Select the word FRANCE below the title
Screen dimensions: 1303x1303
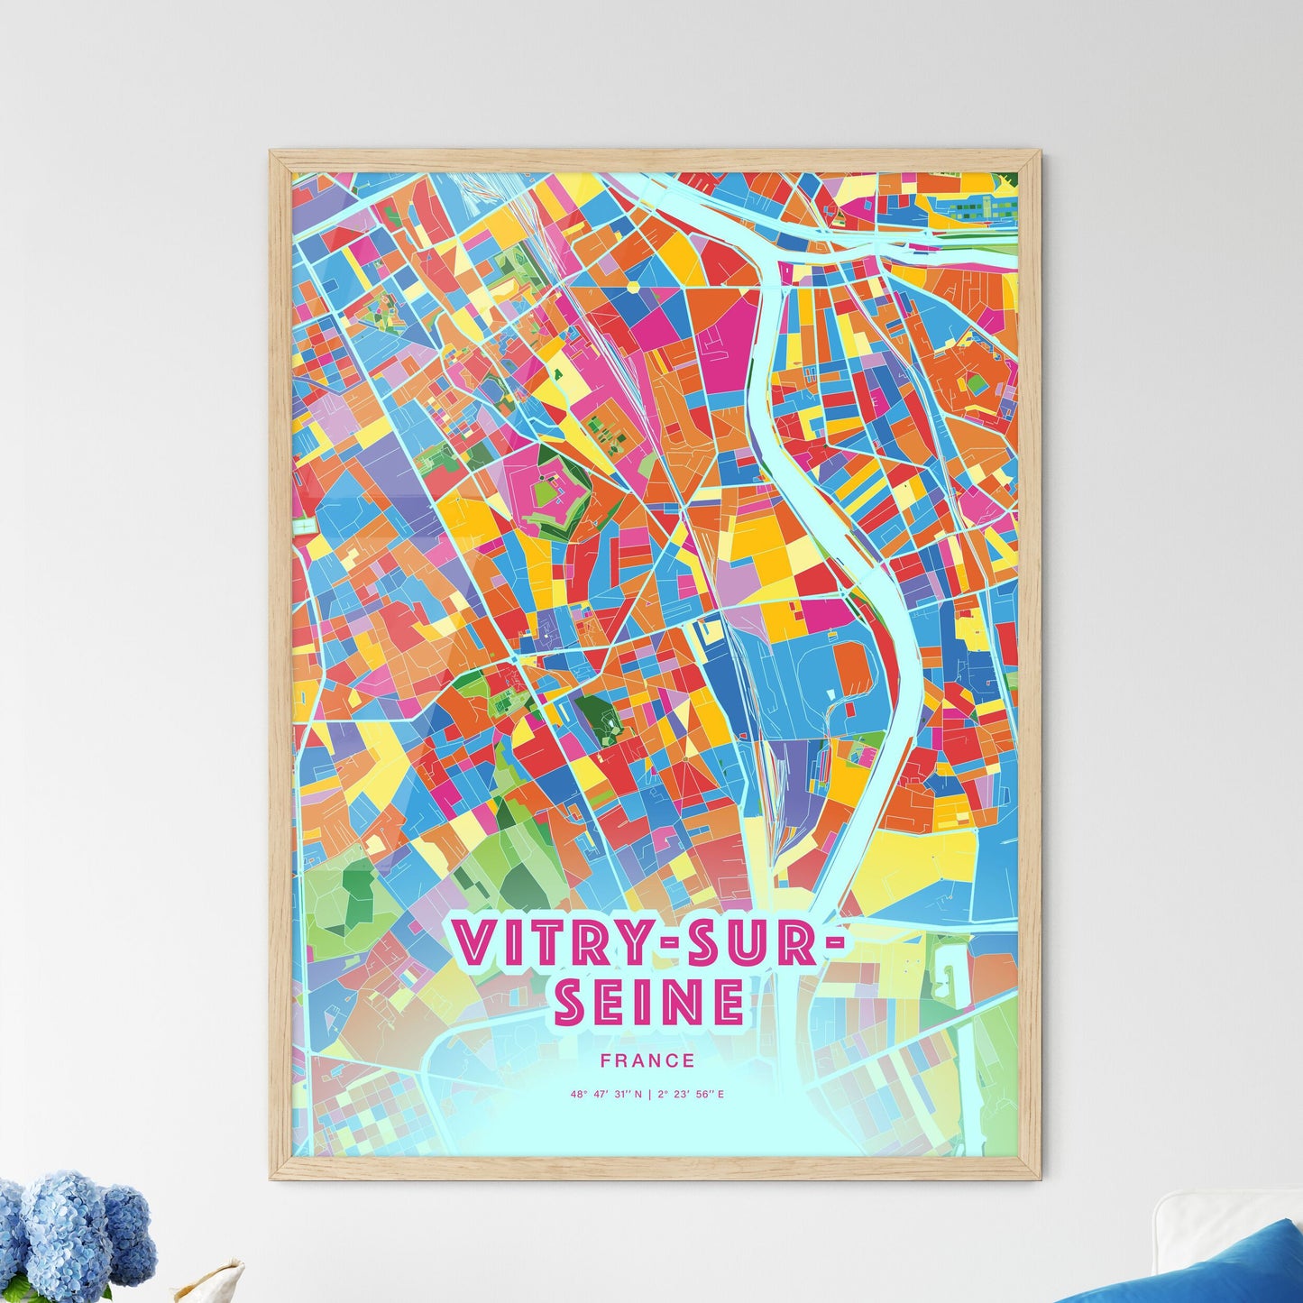(x=650, y=1061)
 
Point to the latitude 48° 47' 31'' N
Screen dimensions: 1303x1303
(x=606, y=1095)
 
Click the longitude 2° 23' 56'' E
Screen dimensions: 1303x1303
(x=692, y=1095)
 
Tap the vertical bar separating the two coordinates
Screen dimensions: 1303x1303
(x=650, y=1095)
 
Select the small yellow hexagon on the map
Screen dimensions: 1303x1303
(x=634, y=286)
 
